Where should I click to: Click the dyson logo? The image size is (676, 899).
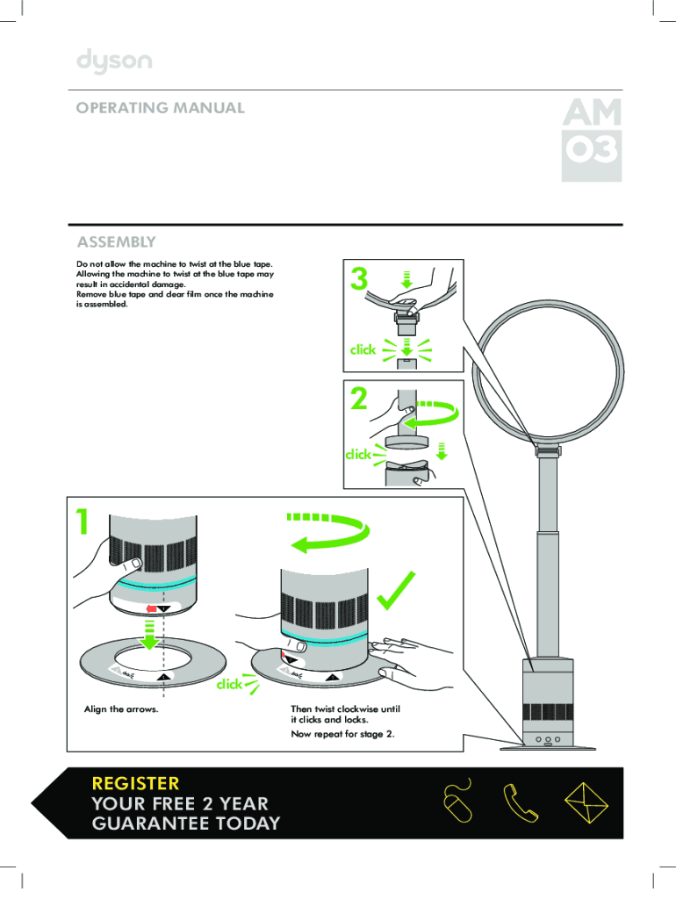click(114, 61)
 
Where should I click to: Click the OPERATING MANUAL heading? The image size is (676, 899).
click(160, 108)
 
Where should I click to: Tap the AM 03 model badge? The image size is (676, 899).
click(591, 138)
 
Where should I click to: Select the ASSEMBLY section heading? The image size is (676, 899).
click(117, 241)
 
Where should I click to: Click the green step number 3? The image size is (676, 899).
click(358, 280)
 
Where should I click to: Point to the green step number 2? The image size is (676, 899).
click(358, 400)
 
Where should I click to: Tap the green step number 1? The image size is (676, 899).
click(82, 522)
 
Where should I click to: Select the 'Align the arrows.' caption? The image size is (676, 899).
click(121, 708)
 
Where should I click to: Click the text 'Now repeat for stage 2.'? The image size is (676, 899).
click(342, 734)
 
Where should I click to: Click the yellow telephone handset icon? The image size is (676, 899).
click(519, 802)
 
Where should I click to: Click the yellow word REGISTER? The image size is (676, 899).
click(135, 782)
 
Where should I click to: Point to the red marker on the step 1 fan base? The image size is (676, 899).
click(151, 608)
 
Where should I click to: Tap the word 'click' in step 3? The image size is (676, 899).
click(363, 349)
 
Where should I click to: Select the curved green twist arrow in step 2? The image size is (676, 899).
click(432, 415)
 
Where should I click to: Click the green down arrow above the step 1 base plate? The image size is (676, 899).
click(151, 635)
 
